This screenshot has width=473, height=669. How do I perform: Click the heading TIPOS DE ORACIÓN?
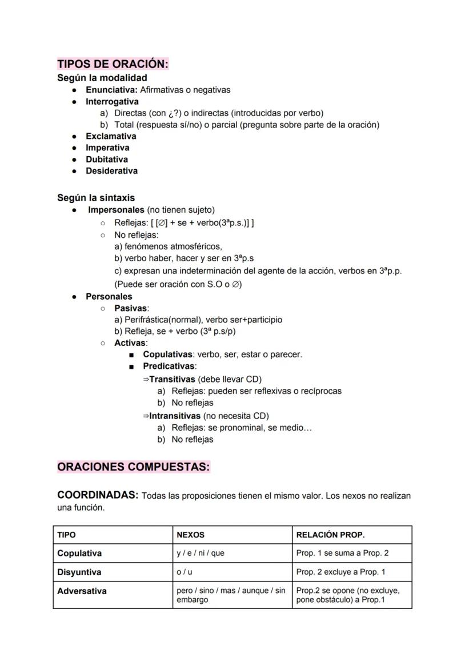click(x=113, y=64)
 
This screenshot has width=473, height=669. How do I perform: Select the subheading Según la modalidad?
click(x=102, y=78)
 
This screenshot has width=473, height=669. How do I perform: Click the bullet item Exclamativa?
click(x=111, y=136)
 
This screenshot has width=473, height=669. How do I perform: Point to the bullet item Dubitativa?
click(x=107, y=160)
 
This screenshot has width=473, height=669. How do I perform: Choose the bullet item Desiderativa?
click(x=111, y=171)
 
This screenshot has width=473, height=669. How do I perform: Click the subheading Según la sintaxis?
click(x=96, y=198)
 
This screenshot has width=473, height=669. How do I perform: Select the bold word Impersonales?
click(x=116, y=210)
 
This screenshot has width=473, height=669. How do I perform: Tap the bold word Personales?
click(x=109, y=297)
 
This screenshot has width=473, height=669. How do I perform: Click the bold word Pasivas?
click(x=130, y=309)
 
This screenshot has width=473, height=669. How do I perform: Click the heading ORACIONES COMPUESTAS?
click(x=134, y=467)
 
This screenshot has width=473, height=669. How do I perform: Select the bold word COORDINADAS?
click(x=98, y=495)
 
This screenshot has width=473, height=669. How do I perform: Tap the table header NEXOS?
click(x=190, y=535)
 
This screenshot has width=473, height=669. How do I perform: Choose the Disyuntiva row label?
click(x=79, y=572)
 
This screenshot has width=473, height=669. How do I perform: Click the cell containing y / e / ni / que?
click(x=201, y=553)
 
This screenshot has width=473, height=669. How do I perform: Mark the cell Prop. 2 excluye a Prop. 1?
click(x=340, y=572)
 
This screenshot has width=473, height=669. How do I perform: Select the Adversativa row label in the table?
click(x=82, y=591)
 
